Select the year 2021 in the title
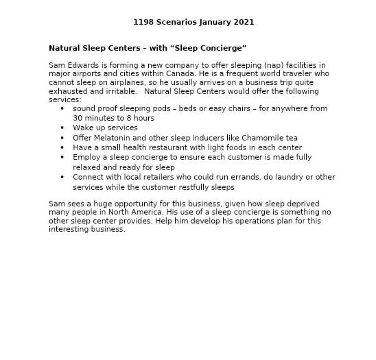pos(244,22)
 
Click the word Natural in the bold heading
pos(63,48)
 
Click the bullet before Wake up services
pos(62,128)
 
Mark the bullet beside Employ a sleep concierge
pos(62,157)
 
